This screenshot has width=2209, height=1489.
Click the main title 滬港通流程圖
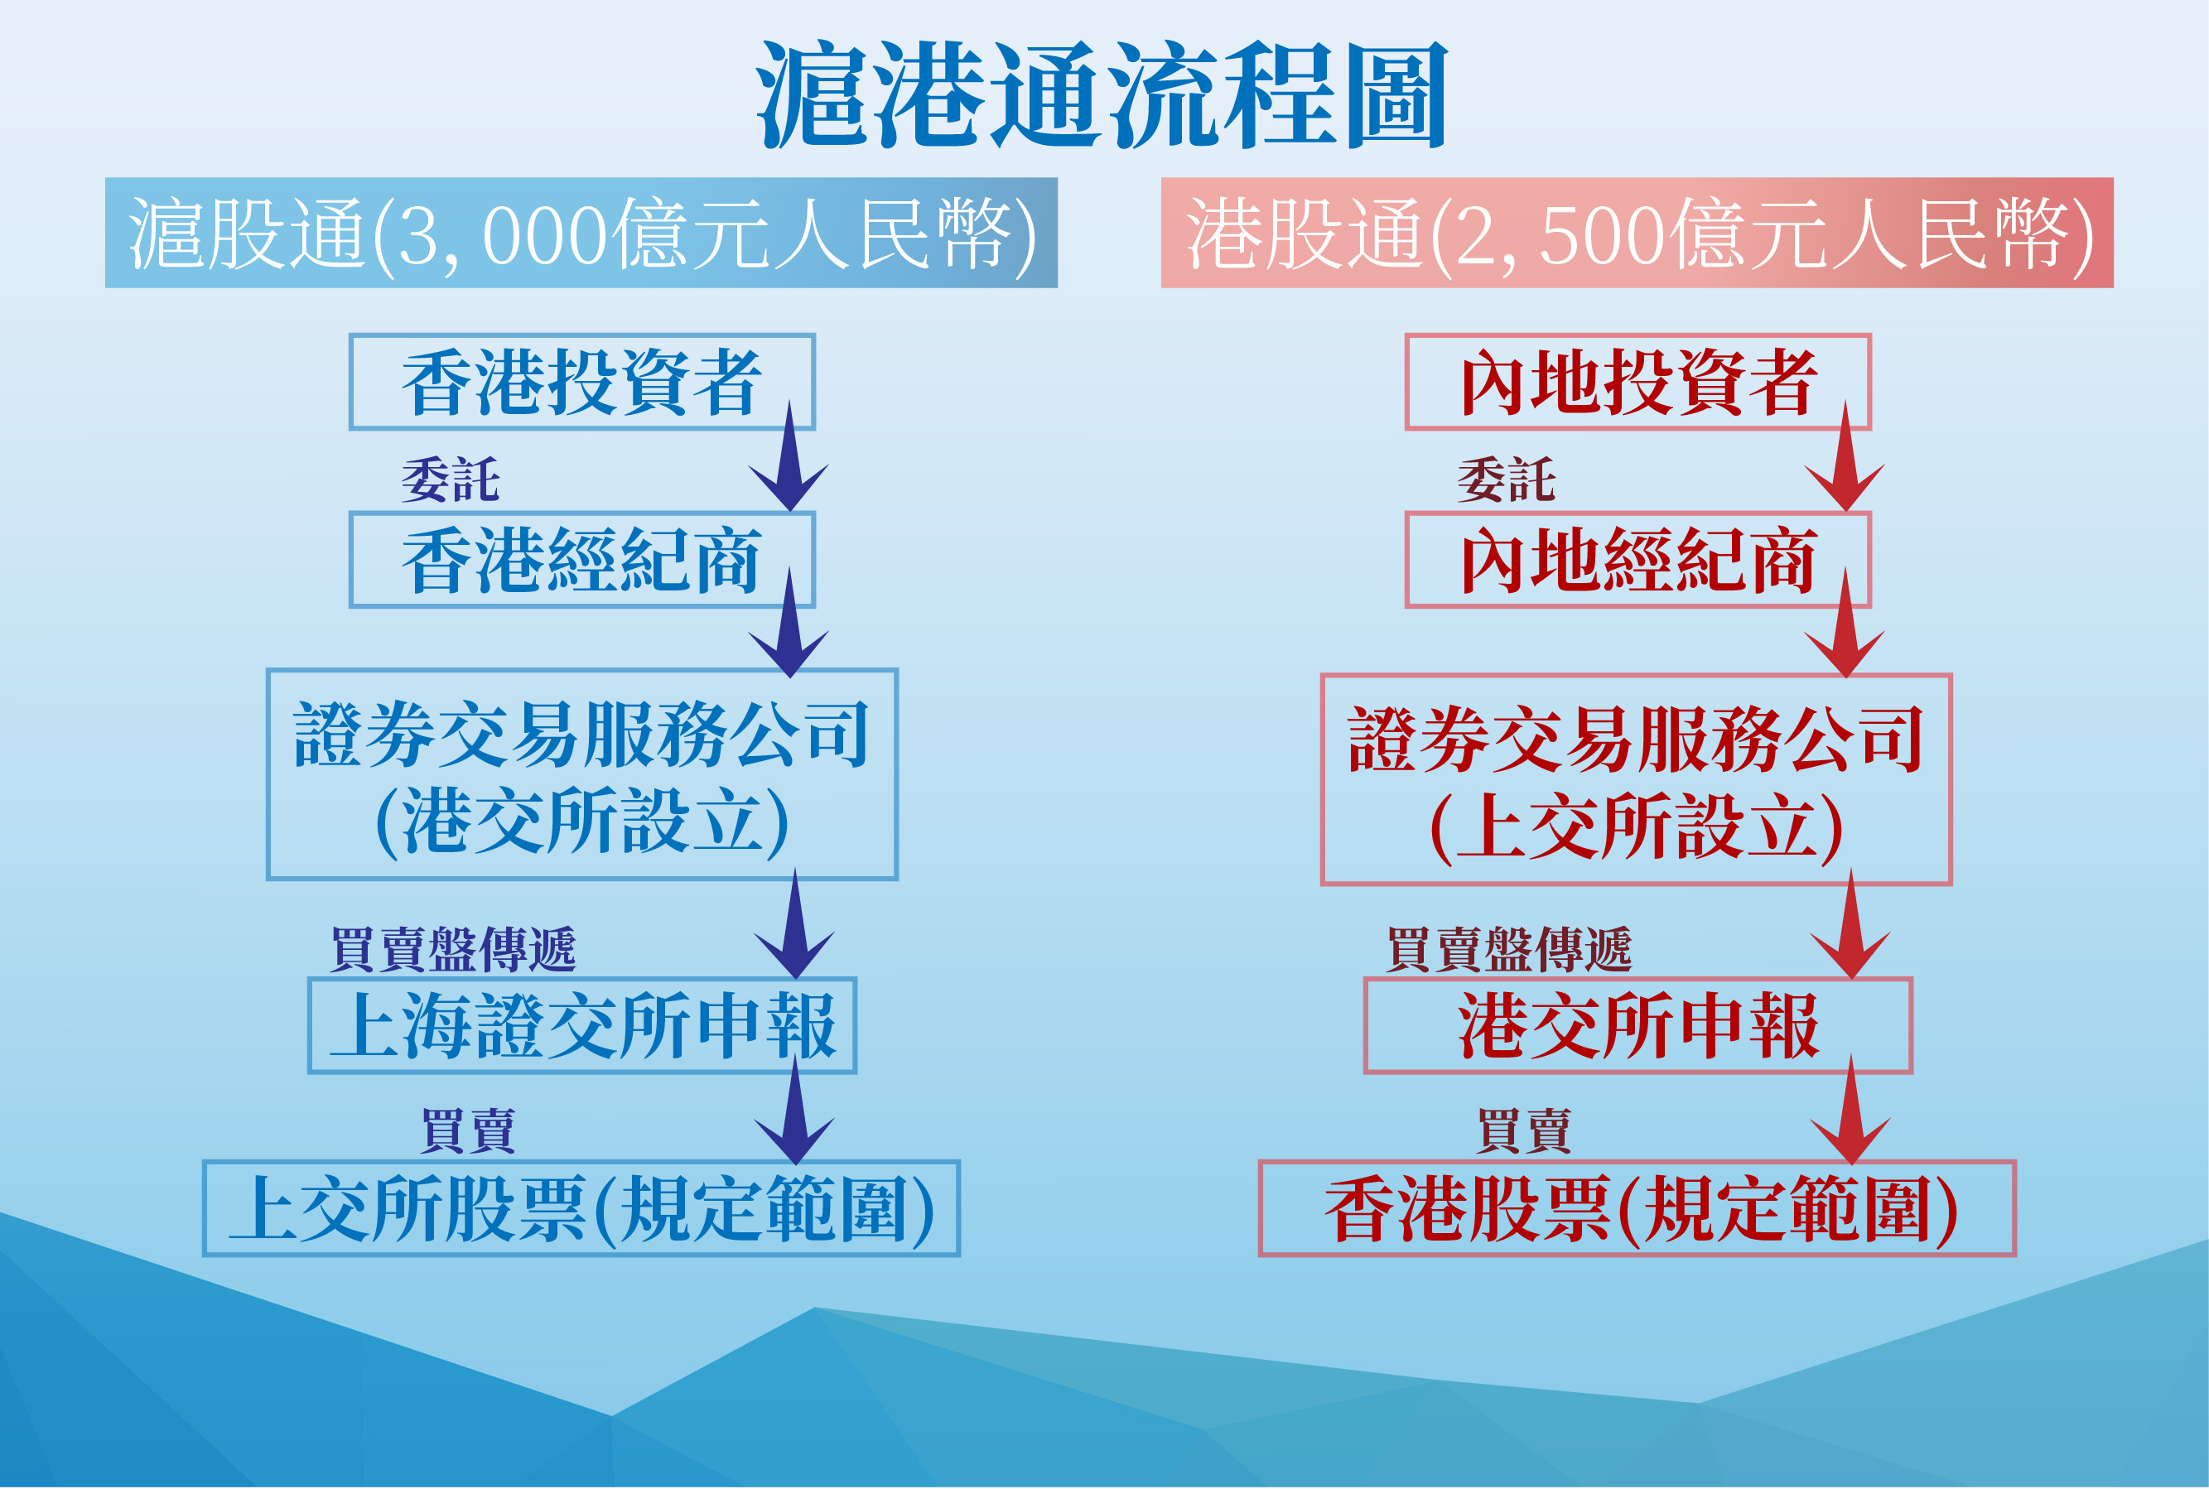(x=1102, y=95)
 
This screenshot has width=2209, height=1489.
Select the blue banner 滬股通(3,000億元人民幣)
(x=581, y=233)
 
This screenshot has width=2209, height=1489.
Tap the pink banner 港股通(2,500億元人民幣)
(x=1637, y=233)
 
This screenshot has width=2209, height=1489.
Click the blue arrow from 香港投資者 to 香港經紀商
(x=789, y=455)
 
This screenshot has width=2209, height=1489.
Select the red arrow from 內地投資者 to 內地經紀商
(x=1845, y=455)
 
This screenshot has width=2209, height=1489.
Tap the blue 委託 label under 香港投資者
(x=450, y=479)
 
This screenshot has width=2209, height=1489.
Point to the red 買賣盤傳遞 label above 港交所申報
(x=1509, y=950)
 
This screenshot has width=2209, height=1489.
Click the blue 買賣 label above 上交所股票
(x=468, y=1131)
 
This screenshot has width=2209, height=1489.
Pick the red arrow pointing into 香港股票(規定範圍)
(x=1851, y=1109)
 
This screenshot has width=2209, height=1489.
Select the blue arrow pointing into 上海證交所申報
(x=795, y=923)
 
